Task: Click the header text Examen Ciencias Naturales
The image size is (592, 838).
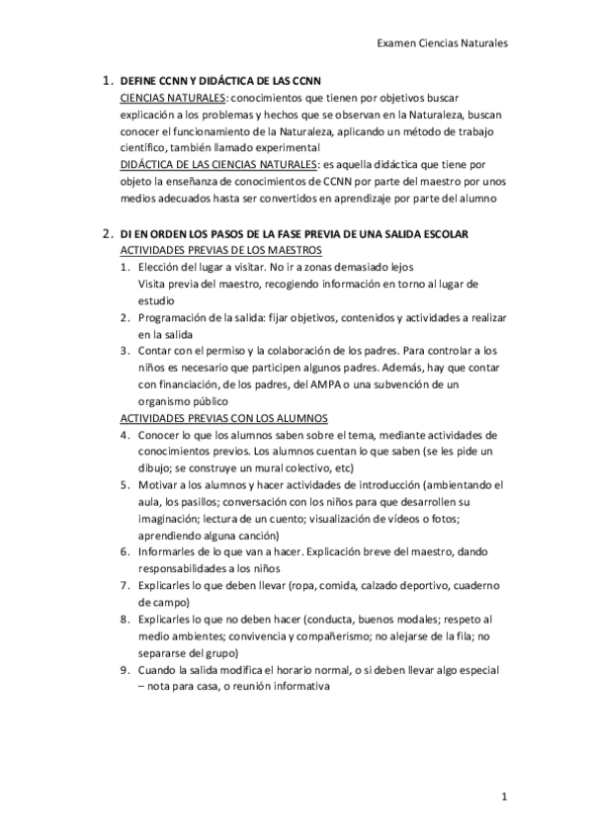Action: (x=443, y=43)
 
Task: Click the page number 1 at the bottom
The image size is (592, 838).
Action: (x=503, y=796)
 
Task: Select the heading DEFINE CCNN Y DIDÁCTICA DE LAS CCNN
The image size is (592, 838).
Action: (x=226, y=80)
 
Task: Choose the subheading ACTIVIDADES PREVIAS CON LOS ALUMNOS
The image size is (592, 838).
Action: (x=216, y=418)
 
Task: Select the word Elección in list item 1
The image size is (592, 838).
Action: (x=162, y=268)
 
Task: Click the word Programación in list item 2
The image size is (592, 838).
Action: (x=178, y=318)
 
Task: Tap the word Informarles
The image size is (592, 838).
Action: (x=170, y=552)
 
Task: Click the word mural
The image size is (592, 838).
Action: (x=282, y=468)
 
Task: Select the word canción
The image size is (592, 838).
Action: (x=231, y=536)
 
